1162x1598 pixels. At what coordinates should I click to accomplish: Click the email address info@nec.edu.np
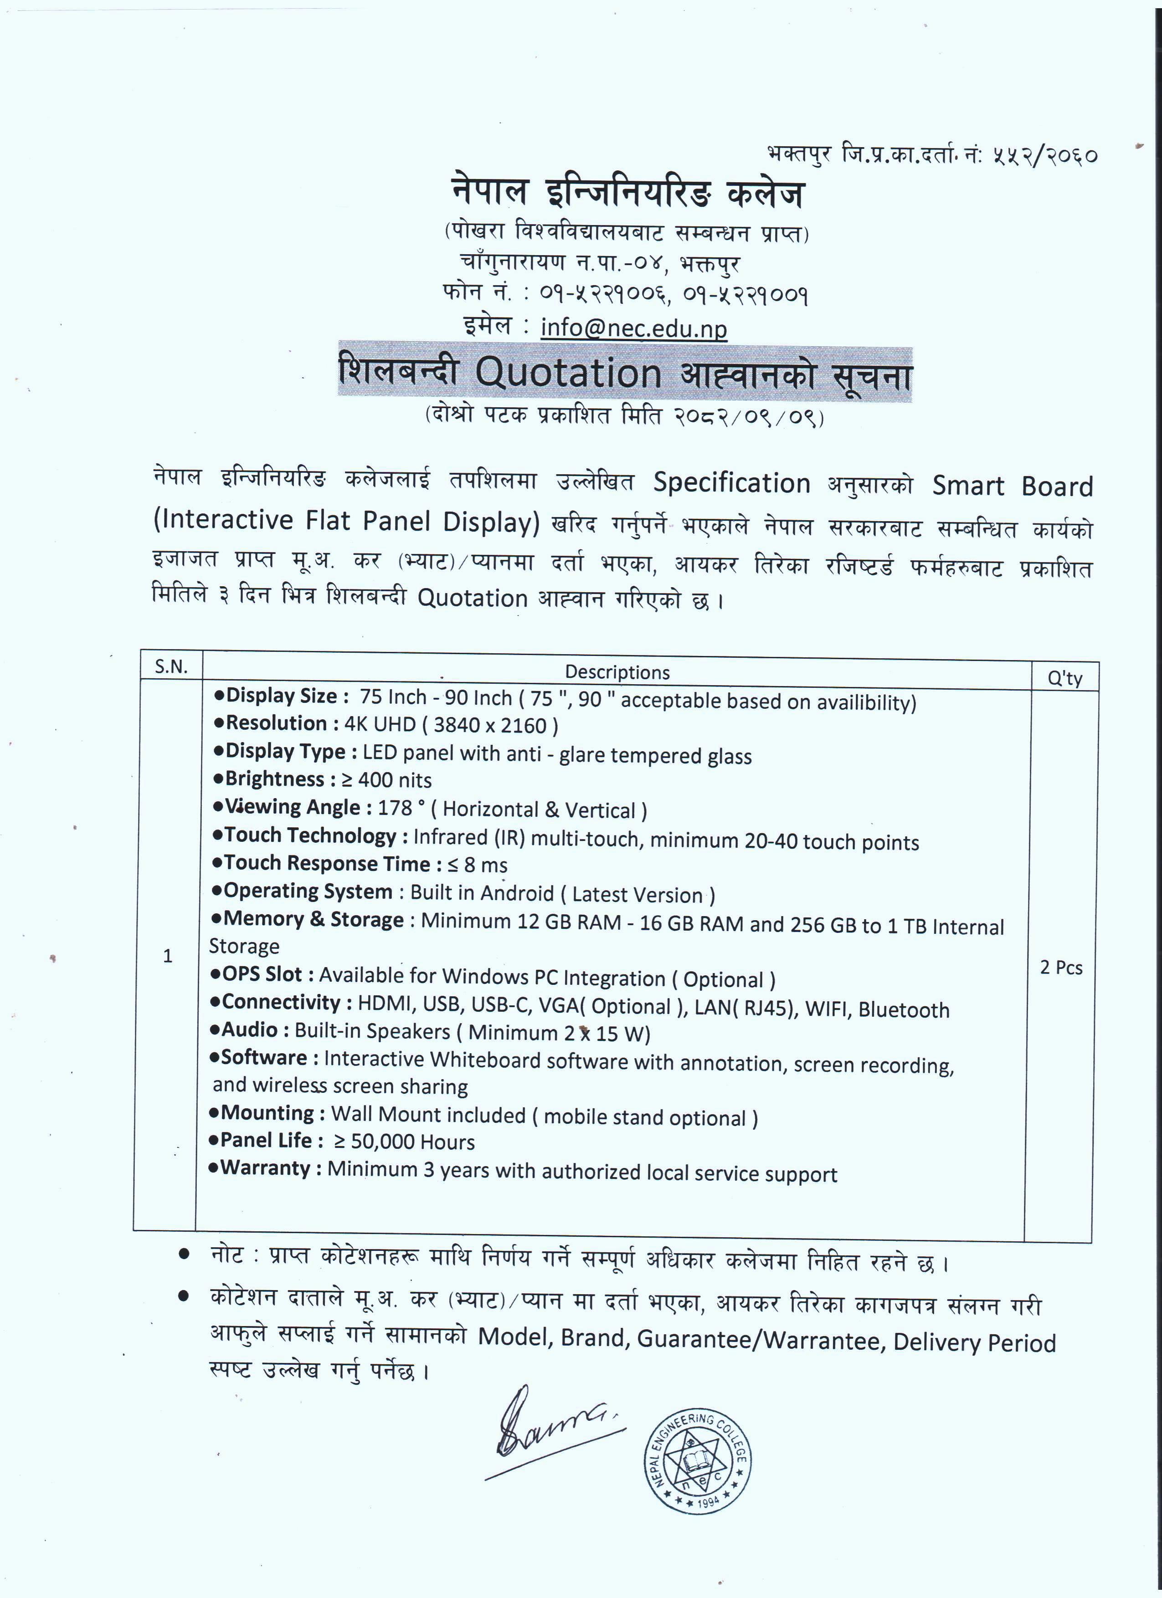click(x=633, y=328)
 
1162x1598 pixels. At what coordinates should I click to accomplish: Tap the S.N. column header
click(x=171, y=666)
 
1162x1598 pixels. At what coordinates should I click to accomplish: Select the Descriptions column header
click(x=617, y=672)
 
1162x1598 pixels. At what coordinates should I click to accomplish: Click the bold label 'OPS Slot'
click(x=257, y=974)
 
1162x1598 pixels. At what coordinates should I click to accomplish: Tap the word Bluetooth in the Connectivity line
click(x=903, y=1009)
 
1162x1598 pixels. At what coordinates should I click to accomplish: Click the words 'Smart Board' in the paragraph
click(x=1012, y=486)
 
